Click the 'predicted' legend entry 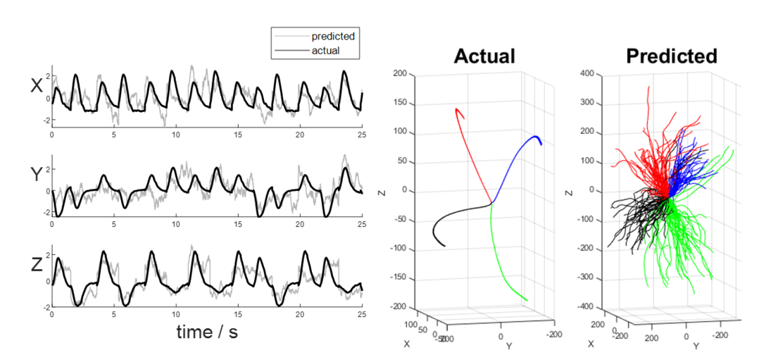[333, 36]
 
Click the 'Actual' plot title [484, 56]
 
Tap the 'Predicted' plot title [671, 56]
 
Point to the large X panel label [37, 86]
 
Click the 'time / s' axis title [207, 331]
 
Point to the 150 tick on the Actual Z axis [401, 102]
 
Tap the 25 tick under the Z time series [362, 314]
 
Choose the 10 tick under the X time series [176, 134]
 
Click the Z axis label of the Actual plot [380, 190]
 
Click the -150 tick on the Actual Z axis [399, 278]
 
